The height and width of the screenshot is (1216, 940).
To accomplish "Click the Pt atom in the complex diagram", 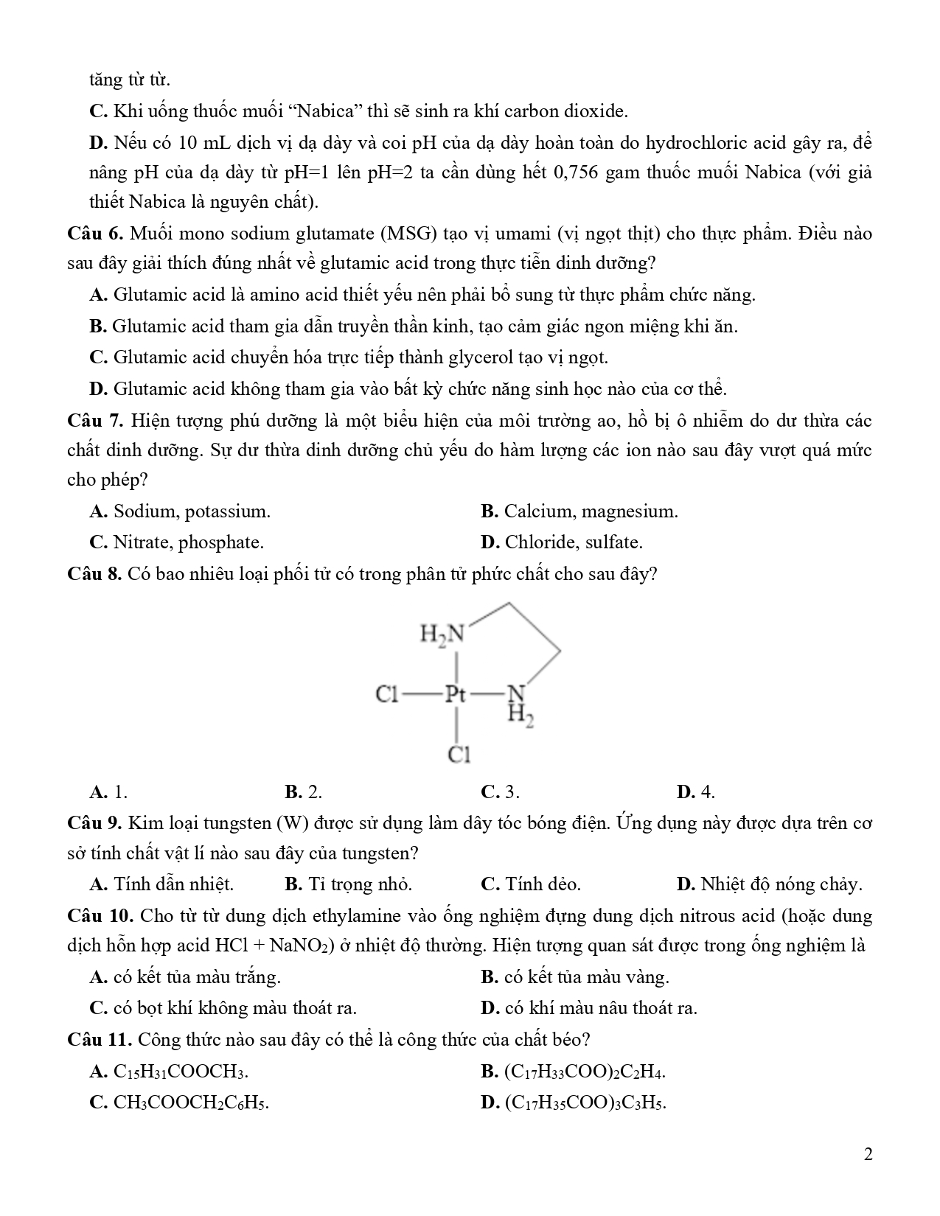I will pos(456,694).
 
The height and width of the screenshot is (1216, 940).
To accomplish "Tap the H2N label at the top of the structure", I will pos(442,633).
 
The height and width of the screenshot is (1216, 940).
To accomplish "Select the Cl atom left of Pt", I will pos(387,694).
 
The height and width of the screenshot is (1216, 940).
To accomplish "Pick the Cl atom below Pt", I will pos(459,755).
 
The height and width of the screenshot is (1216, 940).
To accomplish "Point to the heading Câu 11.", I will pos(99,1040).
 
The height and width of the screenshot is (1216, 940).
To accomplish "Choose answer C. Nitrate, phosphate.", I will pos(176,543).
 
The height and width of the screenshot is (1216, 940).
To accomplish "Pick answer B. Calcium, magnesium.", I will pos(579,511).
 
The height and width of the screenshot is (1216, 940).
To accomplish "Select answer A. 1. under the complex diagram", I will pos(108,792).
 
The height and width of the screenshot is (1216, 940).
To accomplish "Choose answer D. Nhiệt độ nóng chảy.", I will pos(769,884).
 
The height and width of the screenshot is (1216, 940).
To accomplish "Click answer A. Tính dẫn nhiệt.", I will pos(161,884).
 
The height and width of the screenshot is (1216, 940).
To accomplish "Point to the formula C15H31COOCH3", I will pos(181,1072).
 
